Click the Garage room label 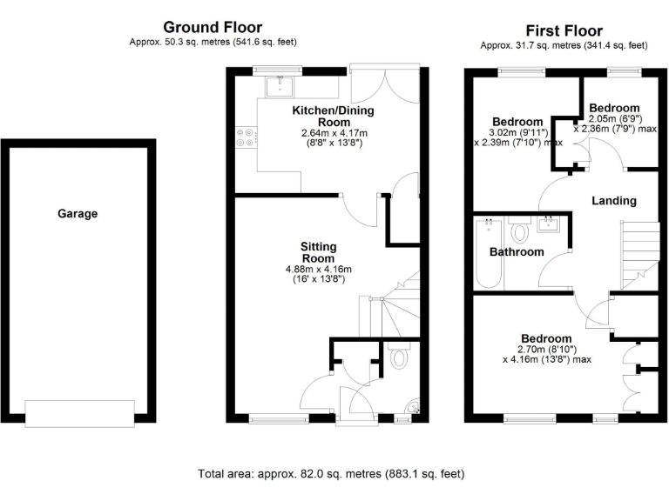[78, 213]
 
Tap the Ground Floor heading [213, 28]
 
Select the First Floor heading [564, 30]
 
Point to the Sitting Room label [318, 252]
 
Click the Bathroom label [516, 252]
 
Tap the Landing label [614, 201]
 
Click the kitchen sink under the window [280, 85]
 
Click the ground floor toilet [400, 357]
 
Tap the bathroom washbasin [550, 226]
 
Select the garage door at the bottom [79, 413]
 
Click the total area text [331, 474]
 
